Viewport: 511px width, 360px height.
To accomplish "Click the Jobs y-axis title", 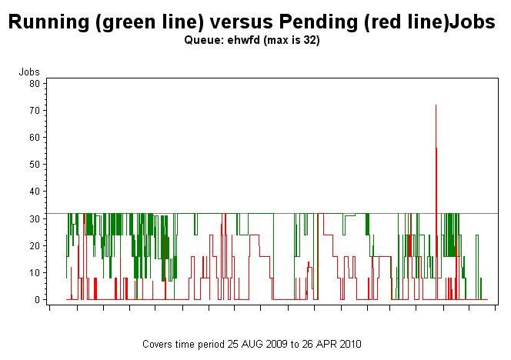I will [28, 72].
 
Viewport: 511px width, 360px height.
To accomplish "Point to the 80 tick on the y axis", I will [34, 83].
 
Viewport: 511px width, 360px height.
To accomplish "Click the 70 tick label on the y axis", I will [34, 110].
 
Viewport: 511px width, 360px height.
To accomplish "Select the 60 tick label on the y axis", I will [34, 137].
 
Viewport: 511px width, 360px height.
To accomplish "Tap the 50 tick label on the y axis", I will [34, 164].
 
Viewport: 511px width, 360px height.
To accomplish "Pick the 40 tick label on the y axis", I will [34, 191].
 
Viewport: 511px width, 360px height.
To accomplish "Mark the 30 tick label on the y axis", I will [34, 218].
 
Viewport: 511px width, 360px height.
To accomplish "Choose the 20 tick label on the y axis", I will [34, 245].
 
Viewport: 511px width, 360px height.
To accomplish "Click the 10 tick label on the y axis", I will [34, 272].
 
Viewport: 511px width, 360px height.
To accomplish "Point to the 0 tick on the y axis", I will [36, 299].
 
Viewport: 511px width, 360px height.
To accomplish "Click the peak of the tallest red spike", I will [436, 105].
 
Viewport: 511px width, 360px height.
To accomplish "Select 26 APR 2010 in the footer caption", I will [333, 343].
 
